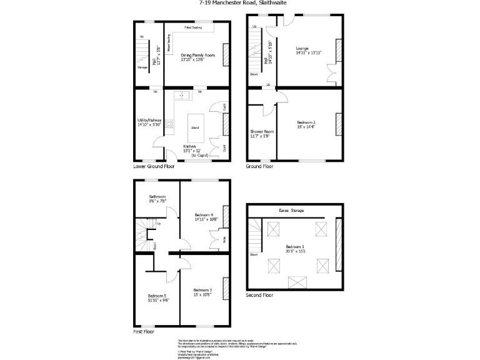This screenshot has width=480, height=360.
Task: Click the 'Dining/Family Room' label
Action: point(197,56)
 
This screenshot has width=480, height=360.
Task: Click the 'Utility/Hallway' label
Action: point(149,121)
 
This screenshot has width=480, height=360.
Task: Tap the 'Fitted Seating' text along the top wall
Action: point(192,27)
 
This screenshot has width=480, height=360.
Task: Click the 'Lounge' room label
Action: point(302,48)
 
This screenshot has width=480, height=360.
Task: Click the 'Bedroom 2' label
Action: point(306,122)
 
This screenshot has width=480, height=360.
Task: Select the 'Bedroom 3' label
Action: point(202,290)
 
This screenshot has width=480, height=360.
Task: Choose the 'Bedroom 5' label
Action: point(157,296)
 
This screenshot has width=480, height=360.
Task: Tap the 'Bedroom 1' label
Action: point(293,247)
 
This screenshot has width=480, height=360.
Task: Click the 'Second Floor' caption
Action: point(259,294)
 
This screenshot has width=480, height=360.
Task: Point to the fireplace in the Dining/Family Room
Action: point(226,52)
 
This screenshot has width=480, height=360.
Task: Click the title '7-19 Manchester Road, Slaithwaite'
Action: point(239,2)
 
